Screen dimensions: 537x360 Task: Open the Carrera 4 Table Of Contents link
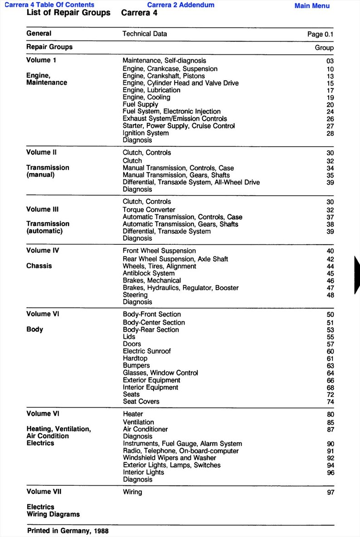(49, 5)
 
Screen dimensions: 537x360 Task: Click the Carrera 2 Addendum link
(180, 5)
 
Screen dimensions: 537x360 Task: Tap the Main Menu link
(312, 6)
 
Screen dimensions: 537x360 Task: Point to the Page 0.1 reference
(320, 34)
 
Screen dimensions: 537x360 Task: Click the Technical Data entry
(145, 34)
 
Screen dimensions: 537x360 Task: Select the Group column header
(324, 48)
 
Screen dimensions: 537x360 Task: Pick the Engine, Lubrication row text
(151, 90)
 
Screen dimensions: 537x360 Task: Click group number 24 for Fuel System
(330, 112)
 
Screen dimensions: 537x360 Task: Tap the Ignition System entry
(146, 133)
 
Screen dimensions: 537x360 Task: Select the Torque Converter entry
(149, 210)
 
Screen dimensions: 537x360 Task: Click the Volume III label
(42, 209)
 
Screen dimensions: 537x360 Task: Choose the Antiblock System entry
(149, 273)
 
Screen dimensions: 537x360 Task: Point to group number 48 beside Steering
(330, 295)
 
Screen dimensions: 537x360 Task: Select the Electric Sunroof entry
(147, 351)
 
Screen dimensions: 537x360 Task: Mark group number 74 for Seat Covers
(330, 402)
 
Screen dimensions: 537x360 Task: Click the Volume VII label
(44, 492)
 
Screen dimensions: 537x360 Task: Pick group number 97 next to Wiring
(330, 493)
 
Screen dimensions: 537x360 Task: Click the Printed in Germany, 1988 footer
(68, 531)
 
